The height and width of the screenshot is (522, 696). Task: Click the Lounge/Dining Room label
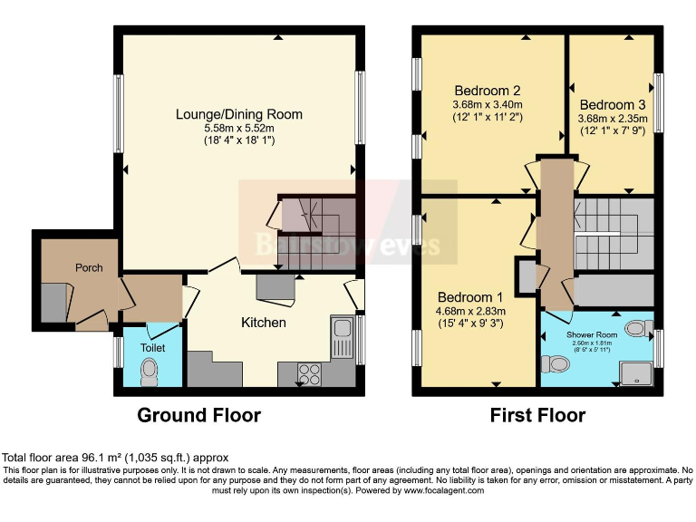point(239,114)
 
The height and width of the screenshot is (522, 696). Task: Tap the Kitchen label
point(264,323)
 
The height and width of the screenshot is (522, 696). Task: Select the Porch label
point(89,267)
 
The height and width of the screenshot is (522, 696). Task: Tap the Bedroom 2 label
point(488,91)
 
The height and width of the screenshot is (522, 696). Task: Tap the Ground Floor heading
point(198,416)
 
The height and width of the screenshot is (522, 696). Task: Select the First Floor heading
point(537,416)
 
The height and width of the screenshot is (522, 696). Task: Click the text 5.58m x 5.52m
point(239,128)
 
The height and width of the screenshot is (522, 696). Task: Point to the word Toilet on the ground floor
point(151,346)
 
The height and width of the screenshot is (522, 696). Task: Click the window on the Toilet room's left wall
point(118,352)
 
